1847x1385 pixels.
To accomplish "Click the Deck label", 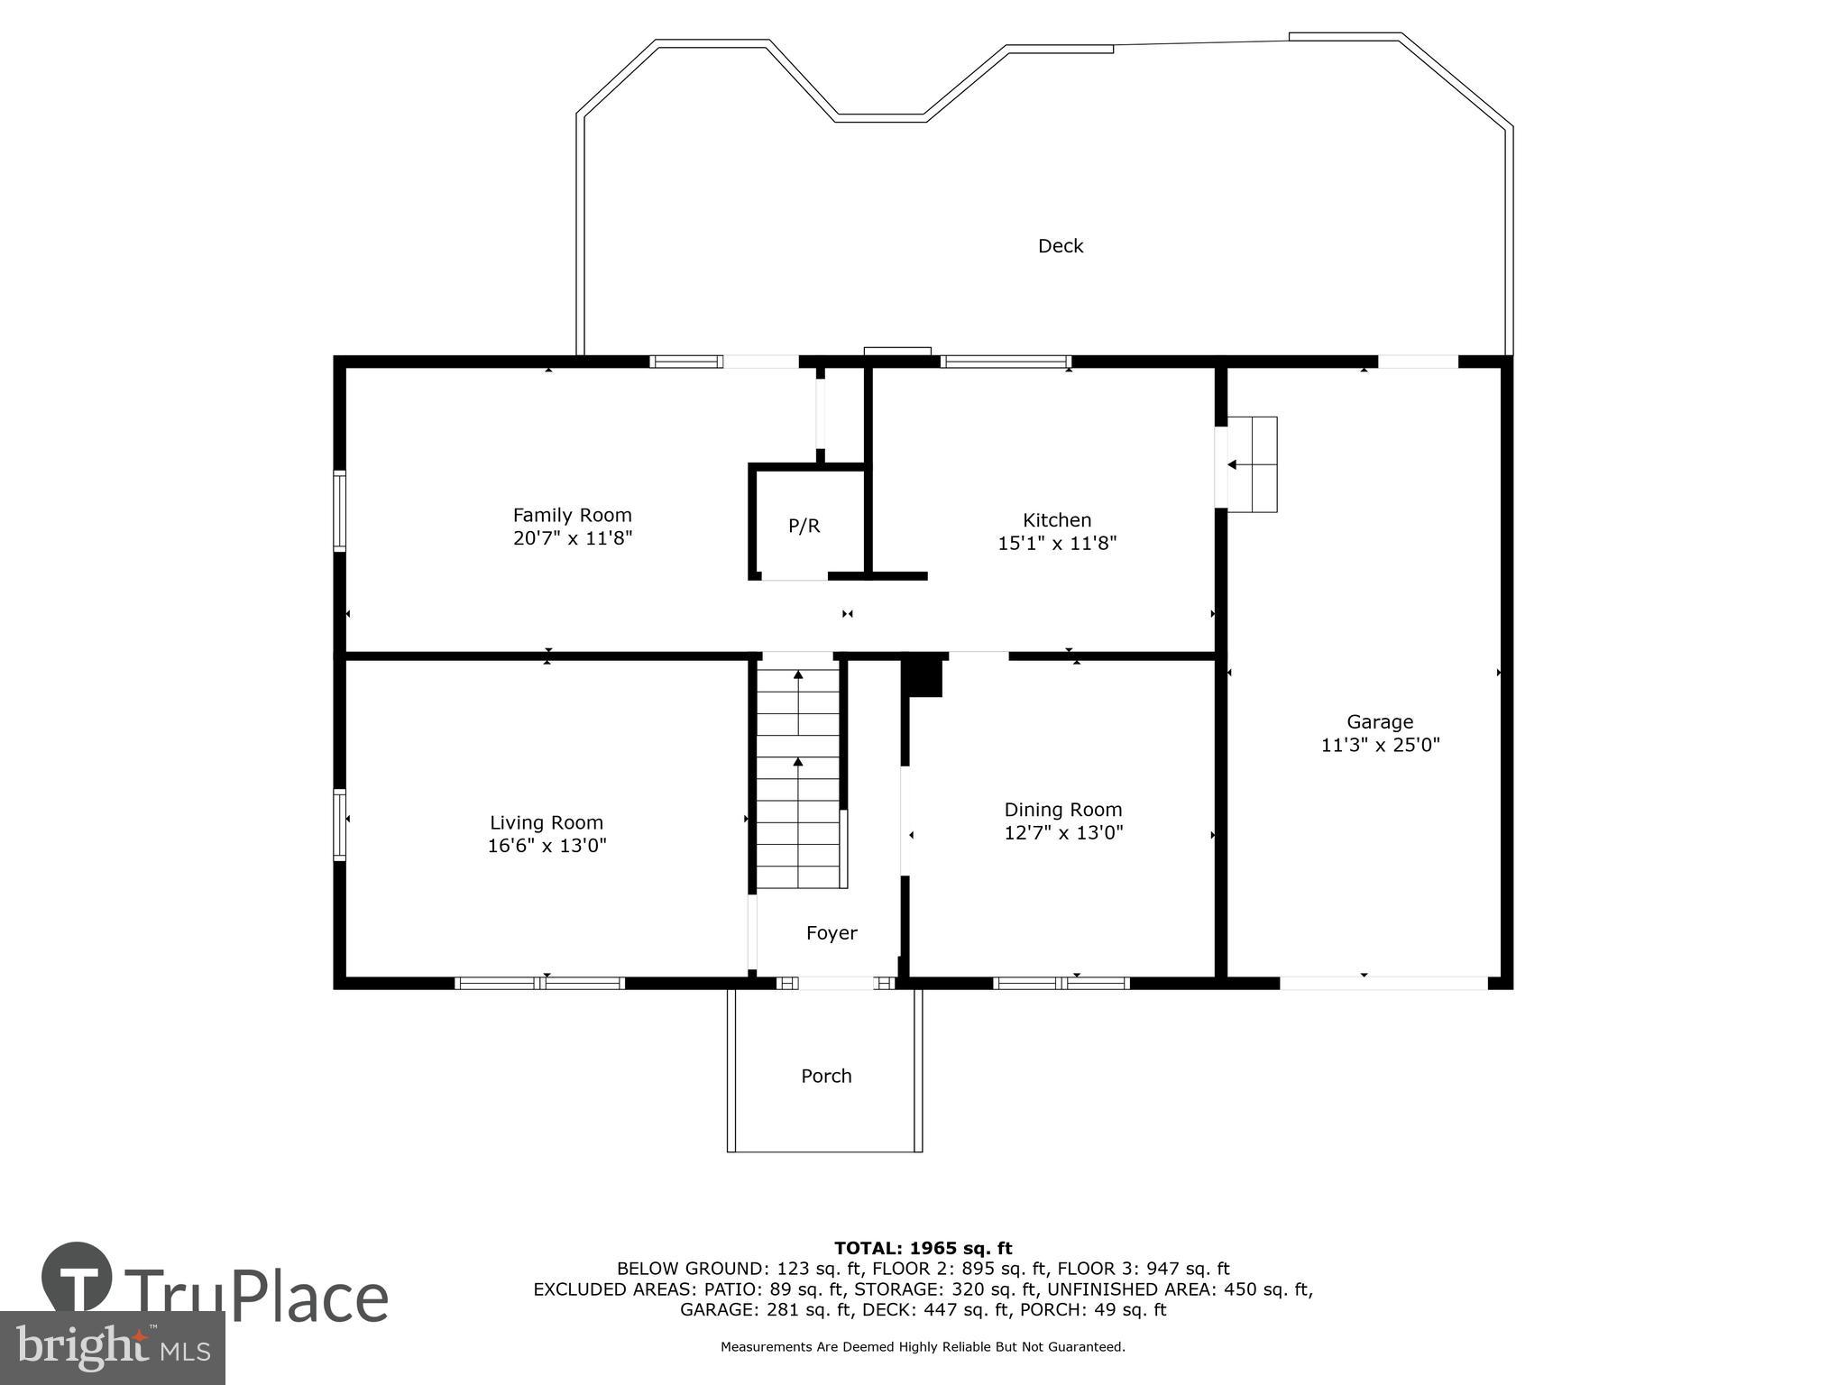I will tap(1060, 246).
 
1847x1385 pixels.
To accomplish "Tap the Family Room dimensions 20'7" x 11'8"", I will tap(573, 538).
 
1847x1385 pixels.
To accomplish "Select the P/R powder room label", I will tap(804, 526).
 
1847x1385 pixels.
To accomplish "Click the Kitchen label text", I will tap(1057, 520).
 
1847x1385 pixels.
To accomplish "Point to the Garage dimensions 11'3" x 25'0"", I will tap(1380, 745).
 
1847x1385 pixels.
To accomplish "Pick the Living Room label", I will tap(546, 822).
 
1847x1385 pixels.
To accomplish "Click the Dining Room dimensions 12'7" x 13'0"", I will tap(1063, 832).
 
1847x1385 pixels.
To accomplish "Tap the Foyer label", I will tap(831, 933).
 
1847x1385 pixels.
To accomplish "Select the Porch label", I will tap(826, 1076).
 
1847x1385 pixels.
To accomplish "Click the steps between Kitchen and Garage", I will tap(1252, 464).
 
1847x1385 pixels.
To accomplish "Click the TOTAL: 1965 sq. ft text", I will tap(923, 1248).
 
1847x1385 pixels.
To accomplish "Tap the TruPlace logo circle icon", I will tap(77, 1277).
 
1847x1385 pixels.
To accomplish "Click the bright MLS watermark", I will tap(112, 1347).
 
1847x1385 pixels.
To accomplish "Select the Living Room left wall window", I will tap(340, 824).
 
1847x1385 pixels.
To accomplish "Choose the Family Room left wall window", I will tap(340, 510).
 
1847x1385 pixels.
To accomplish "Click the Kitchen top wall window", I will tap(1006, 362).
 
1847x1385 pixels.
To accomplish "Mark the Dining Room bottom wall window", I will tap(1061, 983).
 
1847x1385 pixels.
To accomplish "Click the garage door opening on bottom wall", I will tap(1383, 983).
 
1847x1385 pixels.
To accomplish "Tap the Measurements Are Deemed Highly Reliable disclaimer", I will tap(923, 1347).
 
